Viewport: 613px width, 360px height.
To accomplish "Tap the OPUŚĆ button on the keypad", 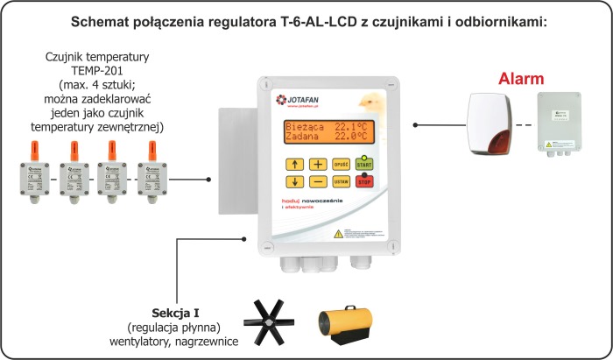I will (x=342, y=164).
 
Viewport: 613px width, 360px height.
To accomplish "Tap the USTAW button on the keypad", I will (x=342, y=182).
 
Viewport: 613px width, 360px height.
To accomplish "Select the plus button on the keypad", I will (x=318, y=164).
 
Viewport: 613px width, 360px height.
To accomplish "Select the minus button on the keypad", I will (x=318, y=182).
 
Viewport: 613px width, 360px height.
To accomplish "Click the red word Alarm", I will (x=522, y=79).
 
